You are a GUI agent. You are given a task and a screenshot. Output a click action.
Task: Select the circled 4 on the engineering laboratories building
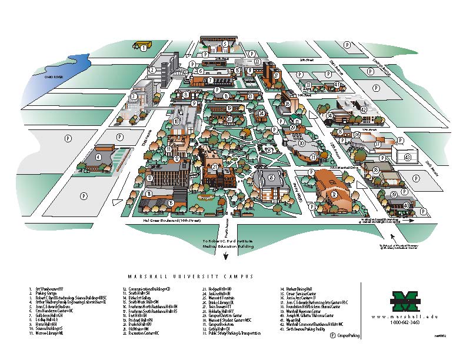(98, 157)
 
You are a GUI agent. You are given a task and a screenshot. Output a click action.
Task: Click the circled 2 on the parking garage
(152, 70)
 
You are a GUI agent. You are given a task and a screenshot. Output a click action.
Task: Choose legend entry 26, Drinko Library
(221, 302)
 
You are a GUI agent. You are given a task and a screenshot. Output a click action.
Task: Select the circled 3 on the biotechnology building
(134, 96)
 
